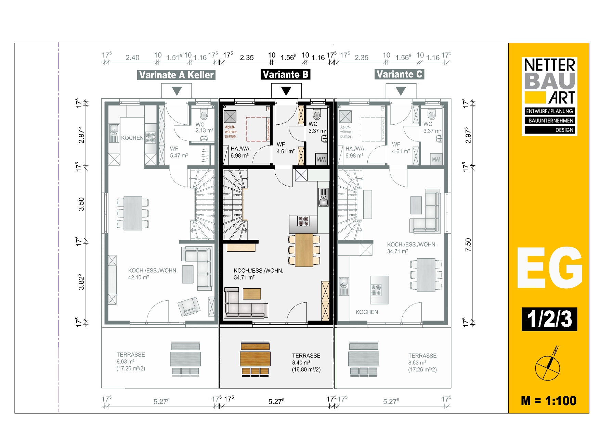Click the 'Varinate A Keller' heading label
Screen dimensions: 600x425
(x=176, y=75)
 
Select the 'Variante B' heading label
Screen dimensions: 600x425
(x=285, y=74)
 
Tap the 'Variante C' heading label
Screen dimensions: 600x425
(x=399, y=74)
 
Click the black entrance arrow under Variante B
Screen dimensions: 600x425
(x=286, y=91)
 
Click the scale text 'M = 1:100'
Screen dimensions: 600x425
(x=549, y=401)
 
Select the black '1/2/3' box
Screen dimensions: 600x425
(x=549, y=319)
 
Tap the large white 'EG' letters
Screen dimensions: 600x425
(x=549, y=268)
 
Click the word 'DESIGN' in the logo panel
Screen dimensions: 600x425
(x=564, y=130)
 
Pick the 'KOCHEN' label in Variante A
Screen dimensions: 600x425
(x=132, y=138)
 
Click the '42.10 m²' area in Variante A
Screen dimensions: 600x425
(x=139, y=277)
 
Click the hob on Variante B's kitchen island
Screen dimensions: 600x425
(x=303, y=221)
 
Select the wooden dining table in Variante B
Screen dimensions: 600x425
(x=304, y=250)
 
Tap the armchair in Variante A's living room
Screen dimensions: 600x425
(x=188, y=306)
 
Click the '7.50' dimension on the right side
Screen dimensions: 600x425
(x=468, y=245)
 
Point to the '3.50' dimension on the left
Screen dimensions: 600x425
(x=81, y=204)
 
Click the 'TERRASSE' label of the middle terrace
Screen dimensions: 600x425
(x=306, y=356)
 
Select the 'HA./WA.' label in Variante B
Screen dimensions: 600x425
(x=240, y=149)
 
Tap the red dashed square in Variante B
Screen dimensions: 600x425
(x=258, y=129)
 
